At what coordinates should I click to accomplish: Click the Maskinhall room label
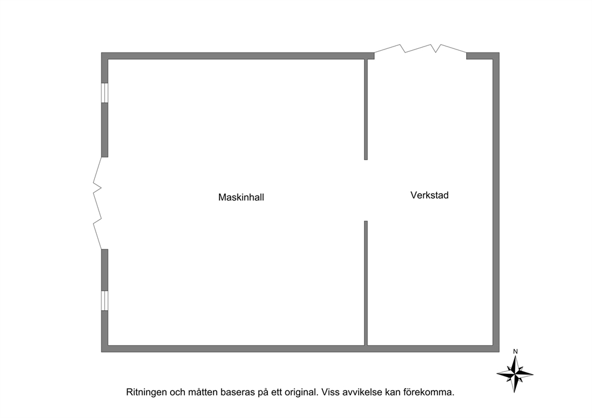(241, 197)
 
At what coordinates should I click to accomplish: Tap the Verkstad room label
(430, 196)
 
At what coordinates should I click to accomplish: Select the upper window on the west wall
(104, 93)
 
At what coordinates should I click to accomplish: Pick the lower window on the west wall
(104, 301)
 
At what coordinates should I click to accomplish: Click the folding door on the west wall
(97, 203)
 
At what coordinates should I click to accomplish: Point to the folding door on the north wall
(420, 49)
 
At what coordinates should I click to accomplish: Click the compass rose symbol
(514, 374)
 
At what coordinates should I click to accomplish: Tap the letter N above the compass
(516, 352)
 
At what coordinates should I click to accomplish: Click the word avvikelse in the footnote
(362, 392)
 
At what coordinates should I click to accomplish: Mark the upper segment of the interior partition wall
(366, 109)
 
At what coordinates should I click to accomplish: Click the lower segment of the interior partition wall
(366, 283)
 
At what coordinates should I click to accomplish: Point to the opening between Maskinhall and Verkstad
(366, 190)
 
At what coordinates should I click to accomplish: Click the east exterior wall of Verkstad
(496, 202)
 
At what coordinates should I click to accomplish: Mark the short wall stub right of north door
(483, 56)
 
